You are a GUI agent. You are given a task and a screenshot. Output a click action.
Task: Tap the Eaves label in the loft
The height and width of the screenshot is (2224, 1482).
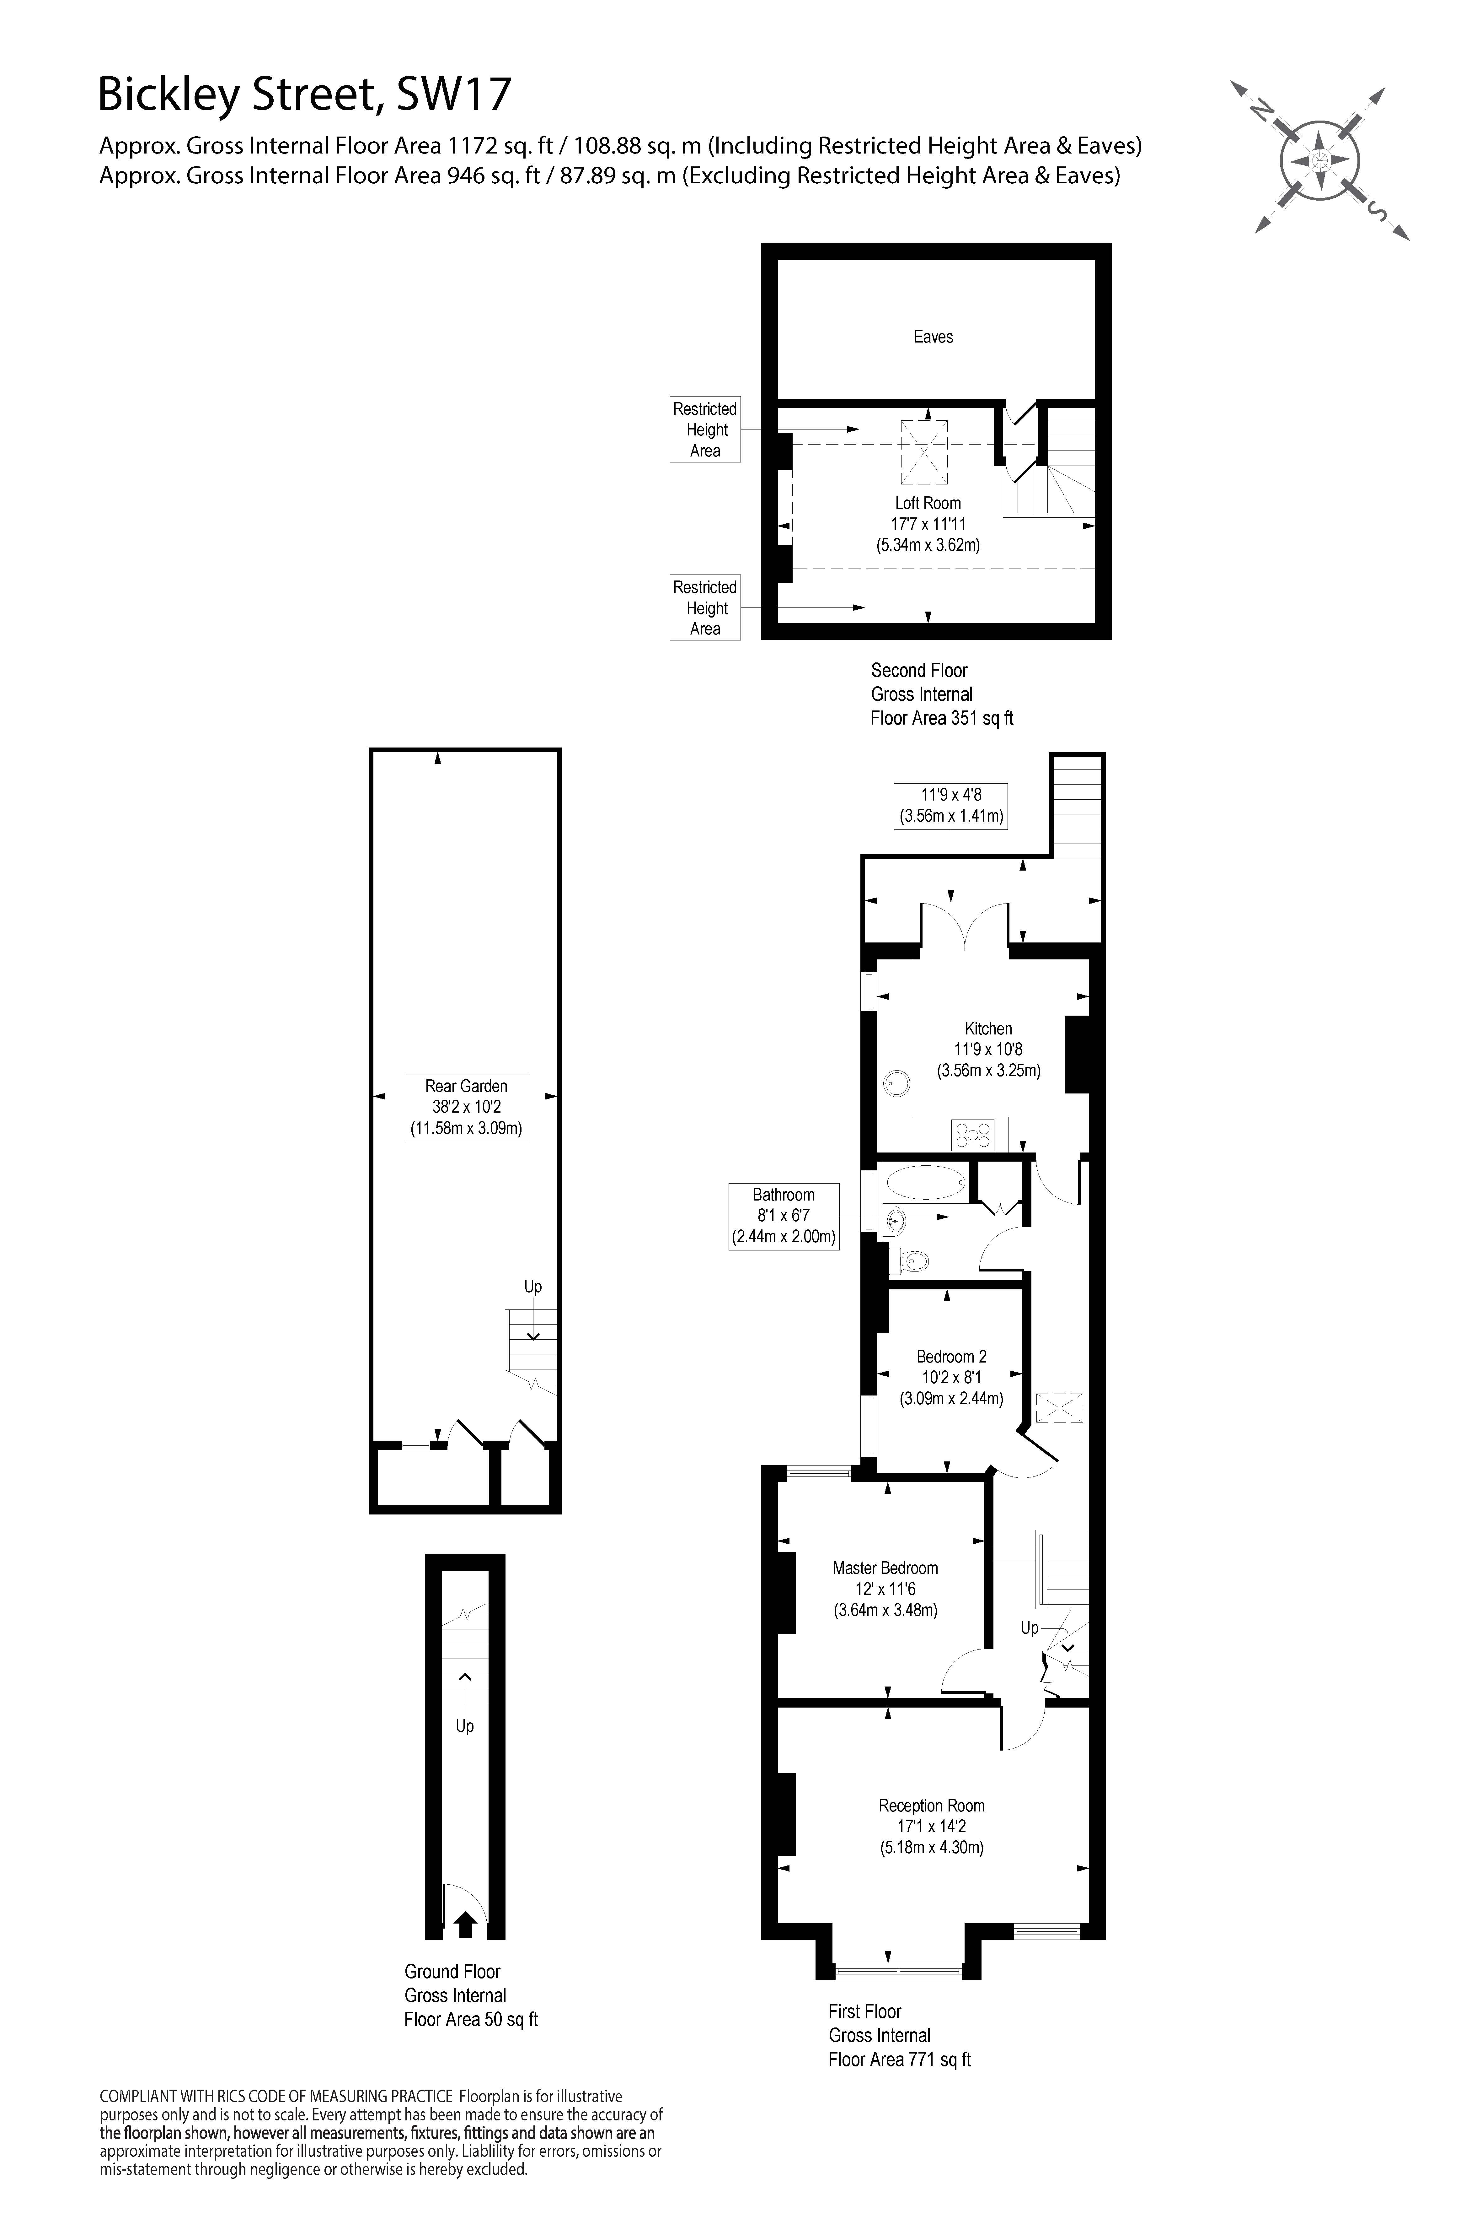tap(933, 337)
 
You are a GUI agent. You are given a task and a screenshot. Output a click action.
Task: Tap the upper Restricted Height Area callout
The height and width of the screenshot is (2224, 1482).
tap(705, 429)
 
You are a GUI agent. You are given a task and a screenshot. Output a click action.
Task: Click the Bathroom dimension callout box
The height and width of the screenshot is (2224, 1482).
tap(784, 1216)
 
